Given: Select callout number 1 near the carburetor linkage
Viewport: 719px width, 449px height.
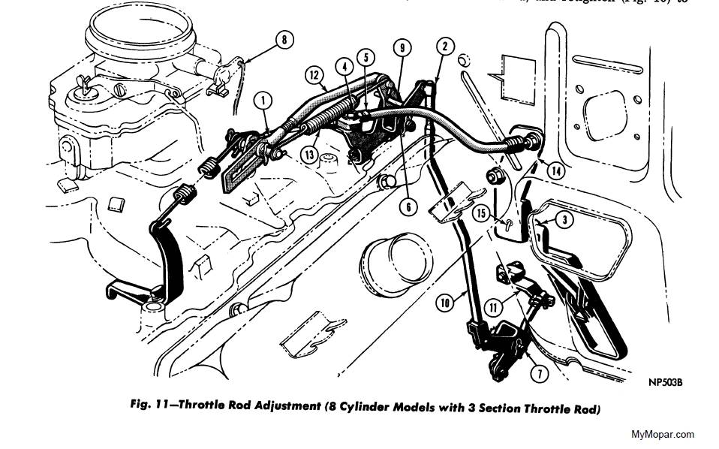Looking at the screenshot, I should pyautogui.click(x=263, y=98).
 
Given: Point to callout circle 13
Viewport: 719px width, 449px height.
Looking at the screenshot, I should pyautogui.click(x=310, y=154).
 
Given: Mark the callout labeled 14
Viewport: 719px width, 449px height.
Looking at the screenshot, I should pyautogui.click(x=556, y=170).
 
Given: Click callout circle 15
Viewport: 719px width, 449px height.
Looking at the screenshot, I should pyautogui.click(x=482, y=212).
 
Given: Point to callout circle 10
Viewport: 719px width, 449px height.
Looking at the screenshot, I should pyautogui.click(x=444, y=304).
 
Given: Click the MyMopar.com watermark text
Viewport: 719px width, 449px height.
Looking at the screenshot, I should pyautogui.click(x=663, y=433).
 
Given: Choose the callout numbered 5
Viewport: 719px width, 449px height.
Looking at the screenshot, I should pyautogui.click(x=366, y=56).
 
